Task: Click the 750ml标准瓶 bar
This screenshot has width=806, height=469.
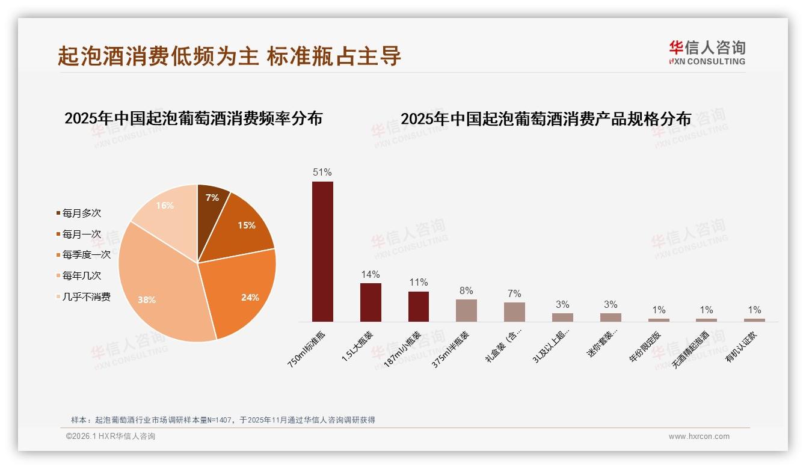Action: coord(322,251)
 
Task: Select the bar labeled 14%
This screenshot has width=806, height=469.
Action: coord(371,302)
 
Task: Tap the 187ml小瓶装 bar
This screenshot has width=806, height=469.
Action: coord(419,306)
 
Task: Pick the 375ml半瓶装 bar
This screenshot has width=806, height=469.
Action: coord(466,310)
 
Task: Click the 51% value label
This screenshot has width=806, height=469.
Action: coord(322,173)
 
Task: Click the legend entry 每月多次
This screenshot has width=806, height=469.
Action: coord(81,213)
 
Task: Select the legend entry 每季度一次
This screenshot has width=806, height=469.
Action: coord(86,255)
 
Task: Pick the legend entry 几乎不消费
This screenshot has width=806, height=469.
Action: coord(86,297)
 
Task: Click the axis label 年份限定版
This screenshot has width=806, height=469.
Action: coord(644,346)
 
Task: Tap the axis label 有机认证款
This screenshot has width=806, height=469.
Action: coord(741,346)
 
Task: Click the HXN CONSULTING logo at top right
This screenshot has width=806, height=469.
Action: coord(707,53)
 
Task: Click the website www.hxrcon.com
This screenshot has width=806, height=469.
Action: coord(699,437)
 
